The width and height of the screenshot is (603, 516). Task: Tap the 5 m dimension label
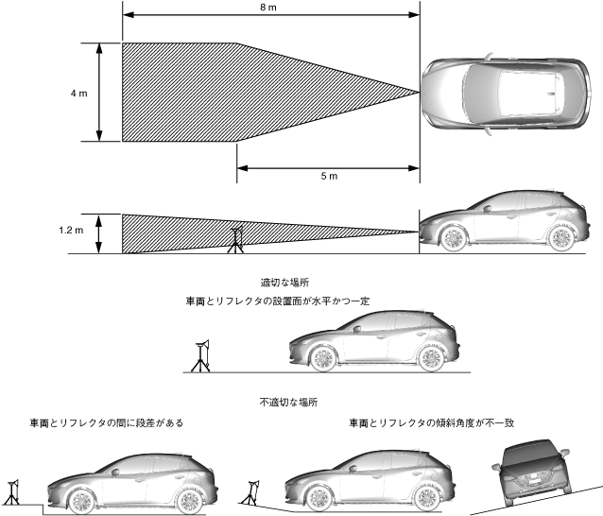point(328,178)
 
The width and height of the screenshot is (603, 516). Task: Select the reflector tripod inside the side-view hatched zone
point(234,240)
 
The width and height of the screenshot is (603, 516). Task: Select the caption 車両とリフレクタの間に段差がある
point(107,422)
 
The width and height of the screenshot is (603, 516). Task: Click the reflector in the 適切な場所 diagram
point(201,356)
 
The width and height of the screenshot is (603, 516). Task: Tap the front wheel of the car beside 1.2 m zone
point(451,238)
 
